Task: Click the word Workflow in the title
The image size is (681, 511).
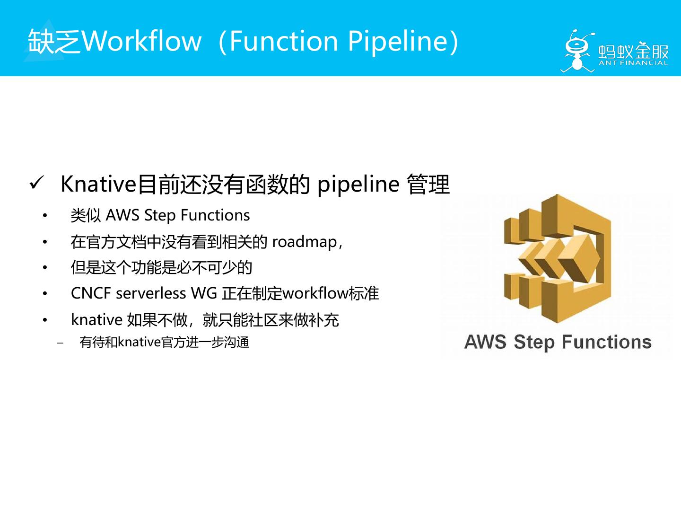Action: [142, 41]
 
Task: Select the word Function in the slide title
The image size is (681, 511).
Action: [284, 41]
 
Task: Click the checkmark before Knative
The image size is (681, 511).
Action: [36, 183]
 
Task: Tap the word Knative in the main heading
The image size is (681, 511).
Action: [98, 184]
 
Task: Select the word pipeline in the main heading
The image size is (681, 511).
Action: [358, 184]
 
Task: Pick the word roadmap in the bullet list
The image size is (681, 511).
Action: [304, 242]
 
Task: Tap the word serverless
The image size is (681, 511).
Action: [151, 293]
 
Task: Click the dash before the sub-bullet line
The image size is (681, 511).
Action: [60, 343]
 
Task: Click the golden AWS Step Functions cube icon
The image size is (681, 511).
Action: [558, 258]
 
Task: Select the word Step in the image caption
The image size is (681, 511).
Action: [533, 342]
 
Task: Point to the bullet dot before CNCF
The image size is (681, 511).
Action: [45, 294]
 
